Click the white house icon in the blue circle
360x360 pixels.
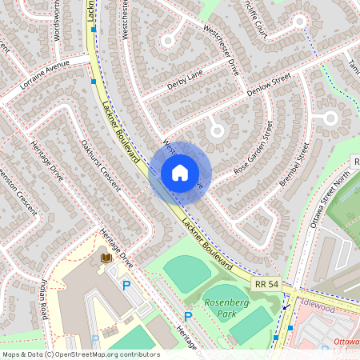point(180,173)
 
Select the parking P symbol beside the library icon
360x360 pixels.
point(126,285)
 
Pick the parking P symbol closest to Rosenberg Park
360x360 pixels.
point(189,316)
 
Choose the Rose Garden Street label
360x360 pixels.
point(254,148)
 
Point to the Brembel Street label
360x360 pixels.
point(294,165)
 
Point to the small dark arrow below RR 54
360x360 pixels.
point(286,306)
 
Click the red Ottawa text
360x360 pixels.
point(346,342)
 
